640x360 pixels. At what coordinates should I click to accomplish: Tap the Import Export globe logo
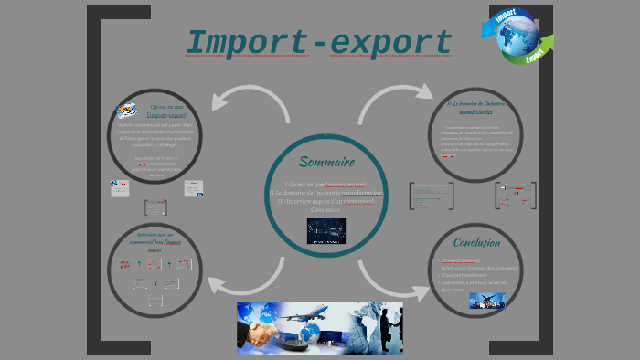(x=517, y=37)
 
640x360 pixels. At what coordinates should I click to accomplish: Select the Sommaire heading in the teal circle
(x=326, y=162)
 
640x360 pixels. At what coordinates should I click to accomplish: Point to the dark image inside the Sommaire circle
(x=325, y=229)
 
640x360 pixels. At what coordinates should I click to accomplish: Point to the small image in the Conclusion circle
(x=487, y=300)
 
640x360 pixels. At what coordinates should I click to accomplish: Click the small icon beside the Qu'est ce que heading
(x=127, y=111)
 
